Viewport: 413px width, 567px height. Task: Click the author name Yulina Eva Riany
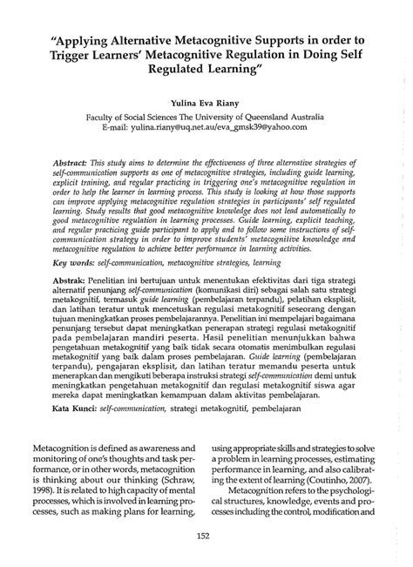click(x=206, y=102)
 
